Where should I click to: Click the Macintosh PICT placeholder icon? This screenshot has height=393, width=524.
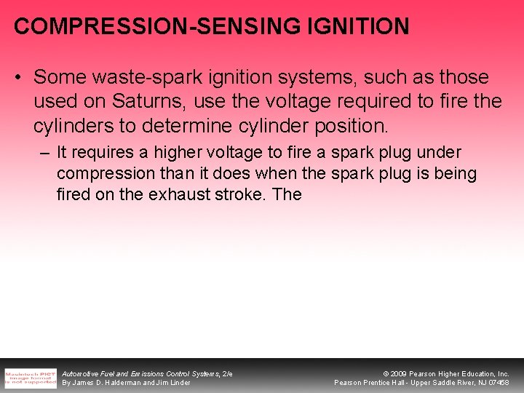(x=30, y=378)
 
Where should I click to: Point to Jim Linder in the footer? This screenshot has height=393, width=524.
(x=175, y=383)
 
